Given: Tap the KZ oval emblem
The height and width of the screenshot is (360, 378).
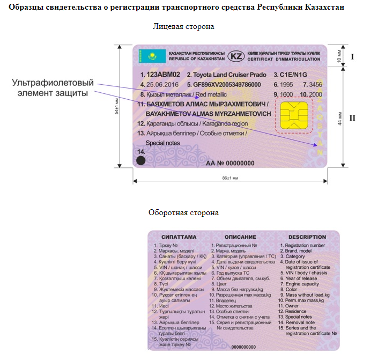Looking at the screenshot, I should pyautogui.click(x=236, y=56).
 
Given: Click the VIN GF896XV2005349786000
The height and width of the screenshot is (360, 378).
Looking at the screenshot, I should pyautogui.click(x=227, y=85).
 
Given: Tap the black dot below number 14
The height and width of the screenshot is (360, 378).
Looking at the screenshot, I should pyautogui.click(x=140, y=159).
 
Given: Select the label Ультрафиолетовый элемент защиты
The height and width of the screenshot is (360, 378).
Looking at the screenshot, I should pyautogui.click(x=53, y=88).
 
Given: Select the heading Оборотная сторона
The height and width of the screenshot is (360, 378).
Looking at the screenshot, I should pyautogui.click(x=183, y=212).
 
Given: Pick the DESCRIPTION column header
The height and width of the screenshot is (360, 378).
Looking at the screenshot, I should pyautogui.click(x=307, y=237).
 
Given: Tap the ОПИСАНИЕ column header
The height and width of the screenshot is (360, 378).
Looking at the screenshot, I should pyautogui.click(x=240, y=237).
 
